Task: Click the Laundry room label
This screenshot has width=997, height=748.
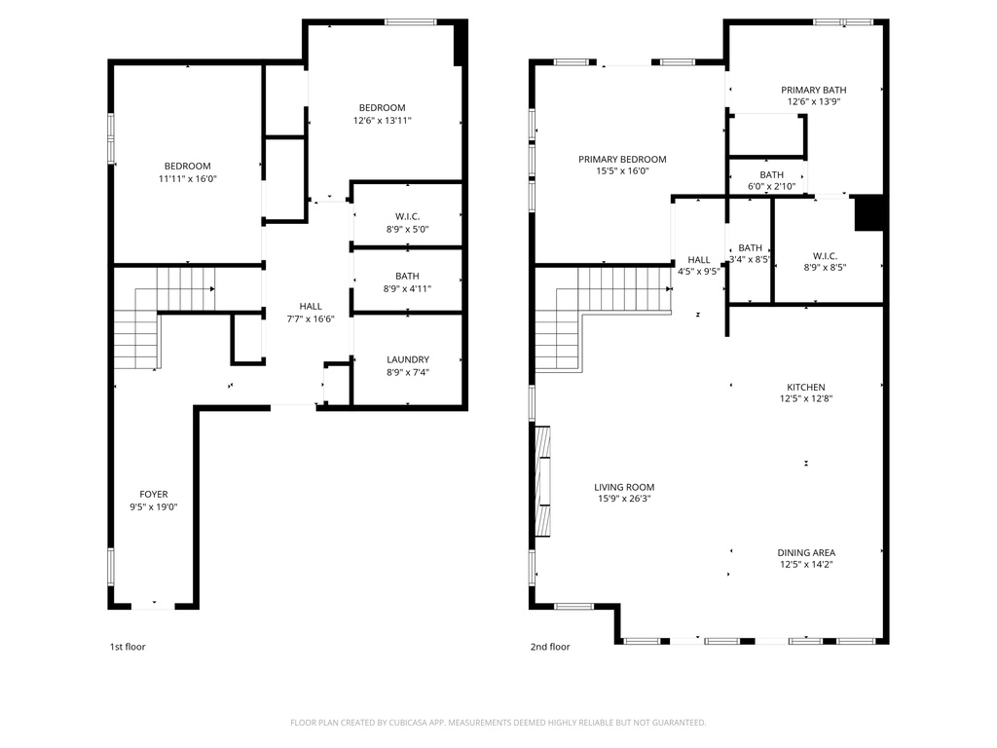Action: [407, 359]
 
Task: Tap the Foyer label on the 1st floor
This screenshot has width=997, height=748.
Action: [153, 494]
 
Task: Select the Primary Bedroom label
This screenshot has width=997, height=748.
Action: [622, 160]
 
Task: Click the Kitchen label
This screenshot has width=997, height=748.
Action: [805, 387]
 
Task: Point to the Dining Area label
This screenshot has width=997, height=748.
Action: [805, 552]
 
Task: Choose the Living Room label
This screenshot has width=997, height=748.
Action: [624, 487]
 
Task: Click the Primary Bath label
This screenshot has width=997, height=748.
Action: [813, 90]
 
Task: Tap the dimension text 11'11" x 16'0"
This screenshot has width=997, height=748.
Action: [187, 179]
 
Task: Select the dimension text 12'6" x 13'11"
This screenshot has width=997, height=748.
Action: [382, 121]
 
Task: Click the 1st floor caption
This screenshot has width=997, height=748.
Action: [127, 647]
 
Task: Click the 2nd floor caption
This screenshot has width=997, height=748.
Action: [550, 647]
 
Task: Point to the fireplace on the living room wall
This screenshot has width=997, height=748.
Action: [543, 482]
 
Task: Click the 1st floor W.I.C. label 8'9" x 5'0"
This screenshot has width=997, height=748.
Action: [406, 222]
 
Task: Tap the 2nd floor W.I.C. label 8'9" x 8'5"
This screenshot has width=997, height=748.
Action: [825, 260]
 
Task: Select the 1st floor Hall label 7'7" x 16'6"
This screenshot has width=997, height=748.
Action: [311, 313]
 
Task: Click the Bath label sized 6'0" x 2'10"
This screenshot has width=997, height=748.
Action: [771, 180]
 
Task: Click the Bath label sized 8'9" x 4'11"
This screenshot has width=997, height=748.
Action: [406, 282]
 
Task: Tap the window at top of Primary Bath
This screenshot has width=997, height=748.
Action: [843, 21]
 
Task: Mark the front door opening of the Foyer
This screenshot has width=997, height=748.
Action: [153, 607]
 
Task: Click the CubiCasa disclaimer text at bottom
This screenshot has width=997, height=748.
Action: [498, 723]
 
